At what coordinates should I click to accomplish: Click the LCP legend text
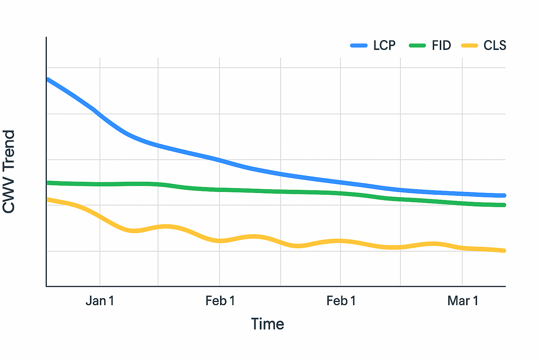384,45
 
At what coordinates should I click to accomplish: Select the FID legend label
441,45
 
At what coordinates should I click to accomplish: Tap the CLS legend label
495,45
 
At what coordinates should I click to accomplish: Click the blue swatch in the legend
359,45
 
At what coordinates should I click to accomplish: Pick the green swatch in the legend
417,45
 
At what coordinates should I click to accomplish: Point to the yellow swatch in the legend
469,45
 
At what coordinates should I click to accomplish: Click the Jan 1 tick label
100,301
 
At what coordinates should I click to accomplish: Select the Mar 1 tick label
463,301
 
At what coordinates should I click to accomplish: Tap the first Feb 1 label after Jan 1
220,301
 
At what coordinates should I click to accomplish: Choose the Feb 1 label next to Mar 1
341,301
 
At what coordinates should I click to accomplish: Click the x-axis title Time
267,324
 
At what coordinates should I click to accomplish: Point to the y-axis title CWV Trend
9,172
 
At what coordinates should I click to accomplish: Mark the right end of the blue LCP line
504,195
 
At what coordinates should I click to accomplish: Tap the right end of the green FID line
504,205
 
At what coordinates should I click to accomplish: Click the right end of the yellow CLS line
504,251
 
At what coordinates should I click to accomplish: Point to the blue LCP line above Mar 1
462,193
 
